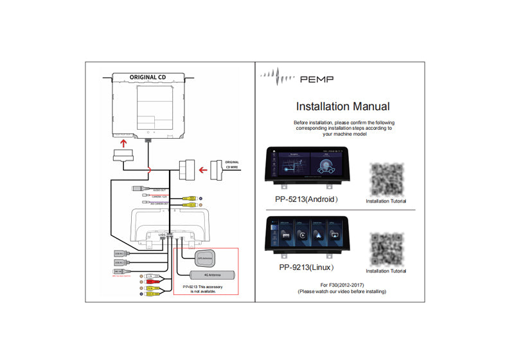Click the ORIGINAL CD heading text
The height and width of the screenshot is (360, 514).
click(x=148, y=76)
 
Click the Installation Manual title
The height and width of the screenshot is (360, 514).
click(x=342, y=106)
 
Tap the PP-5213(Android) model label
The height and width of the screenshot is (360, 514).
click(x=306, y=199)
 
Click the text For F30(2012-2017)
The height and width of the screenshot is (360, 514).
click(x=341, y=284)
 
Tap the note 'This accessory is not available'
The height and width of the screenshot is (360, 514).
click(x=204, y=289)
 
